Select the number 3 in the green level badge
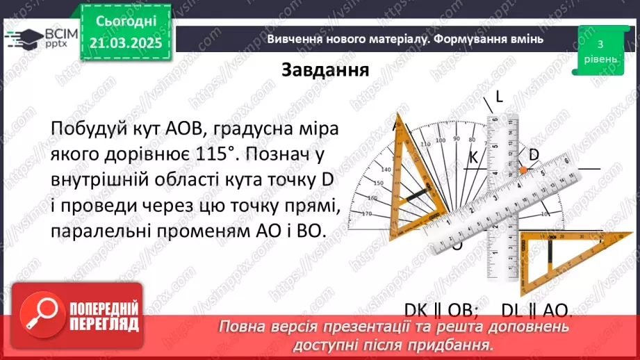click(599, 44)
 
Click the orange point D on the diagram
click(523, 170)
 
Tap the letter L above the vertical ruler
click(499, 97)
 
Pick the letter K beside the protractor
click(473, 158)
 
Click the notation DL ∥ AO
click(534, 310)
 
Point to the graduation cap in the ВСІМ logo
click(22, 38)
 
